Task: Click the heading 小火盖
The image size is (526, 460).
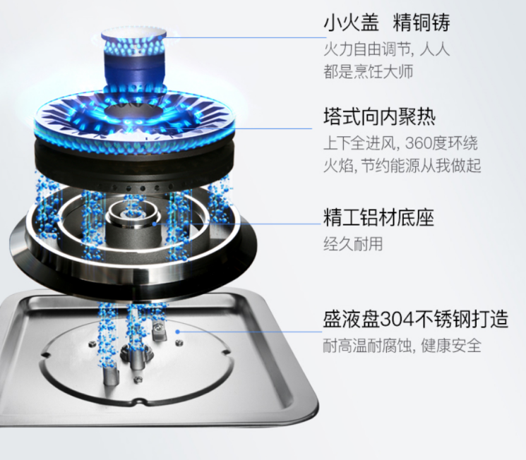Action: pos(351,23)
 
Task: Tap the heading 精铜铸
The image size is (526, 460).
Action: pos(421,23)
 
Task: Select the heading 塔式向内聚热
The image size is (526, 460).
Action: pos(379,116)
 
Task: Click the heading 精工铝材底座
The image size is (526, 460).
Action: pos(378,217)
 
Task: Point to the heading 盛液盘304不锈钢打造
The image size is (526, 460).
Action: pos(416,319)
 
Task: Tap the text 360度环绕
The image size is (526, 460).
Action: pos(441,143)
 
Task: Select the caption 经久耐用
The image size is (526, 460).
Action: pos(353,243)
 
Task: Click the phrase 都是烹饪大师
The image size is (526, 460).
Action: pos(368,72)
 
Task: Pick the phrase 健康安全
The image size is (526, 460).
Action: pos(451,345)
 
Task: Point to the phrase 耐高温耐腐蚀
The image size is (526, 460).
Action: pos(367,345)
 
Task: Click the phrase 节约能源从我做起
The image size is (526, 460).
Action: pos(421,165)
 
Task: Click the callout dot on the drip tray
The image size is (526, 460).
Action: pos(178,332)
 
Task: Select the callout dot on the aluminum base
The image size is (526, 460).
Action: pos(155,224)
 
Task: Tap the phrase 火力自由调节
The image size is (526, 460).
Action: pos(367,50)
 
